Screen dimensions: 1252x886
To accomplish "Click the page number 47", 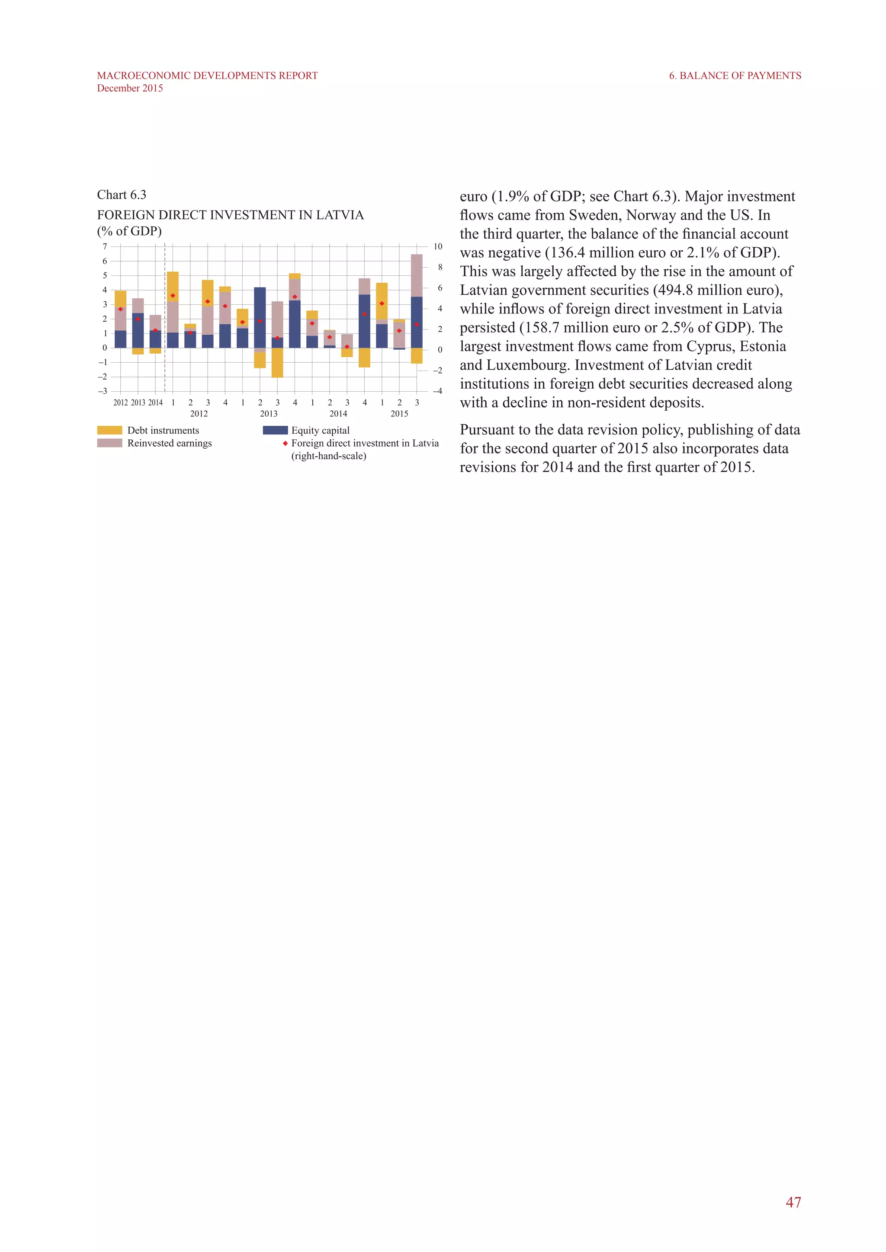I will tap(793, 1202).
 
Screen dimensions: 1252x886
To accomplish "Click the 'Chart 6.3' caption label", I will tap(122, 195).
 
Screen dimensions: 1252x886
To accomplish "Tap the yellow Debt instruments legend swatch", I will tap(109, 430).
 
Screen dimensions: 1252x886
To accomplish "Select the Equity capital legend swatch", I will tap(275, 430).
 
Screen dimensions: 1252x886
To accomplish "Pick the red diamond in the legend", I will tap(285, 443).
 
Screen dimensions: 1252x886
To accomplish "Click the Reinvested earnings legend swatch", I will tap(109, 443).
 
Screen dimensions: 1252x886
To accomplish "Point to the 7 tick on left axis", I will tap(105, 246).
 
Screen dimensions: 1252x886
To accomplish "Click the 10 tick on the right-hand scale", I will tap(437, 246).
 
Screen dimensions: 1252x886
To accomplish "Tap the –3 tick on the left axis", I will tap(103, 391).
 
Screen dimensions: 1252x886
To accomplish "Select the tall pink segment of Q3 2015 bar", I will tap(417, 275).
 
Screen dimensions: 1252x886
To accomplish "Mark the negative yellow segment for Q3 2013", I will tap(277, 363).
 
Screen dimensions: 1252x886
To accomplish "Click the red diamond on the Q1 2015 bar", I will tap(382, 303).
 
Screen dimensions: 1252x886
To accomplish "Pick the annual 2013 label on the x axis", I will tap(138, 402).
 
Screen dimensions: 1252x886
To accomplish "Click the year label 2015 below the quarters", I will tap(399, 414).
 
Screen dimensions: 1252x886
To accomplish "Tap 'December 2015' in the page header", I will tap(130, 88).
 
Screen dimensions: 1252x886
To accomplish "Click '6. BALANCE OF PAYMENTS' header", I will tap(735, 76).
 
